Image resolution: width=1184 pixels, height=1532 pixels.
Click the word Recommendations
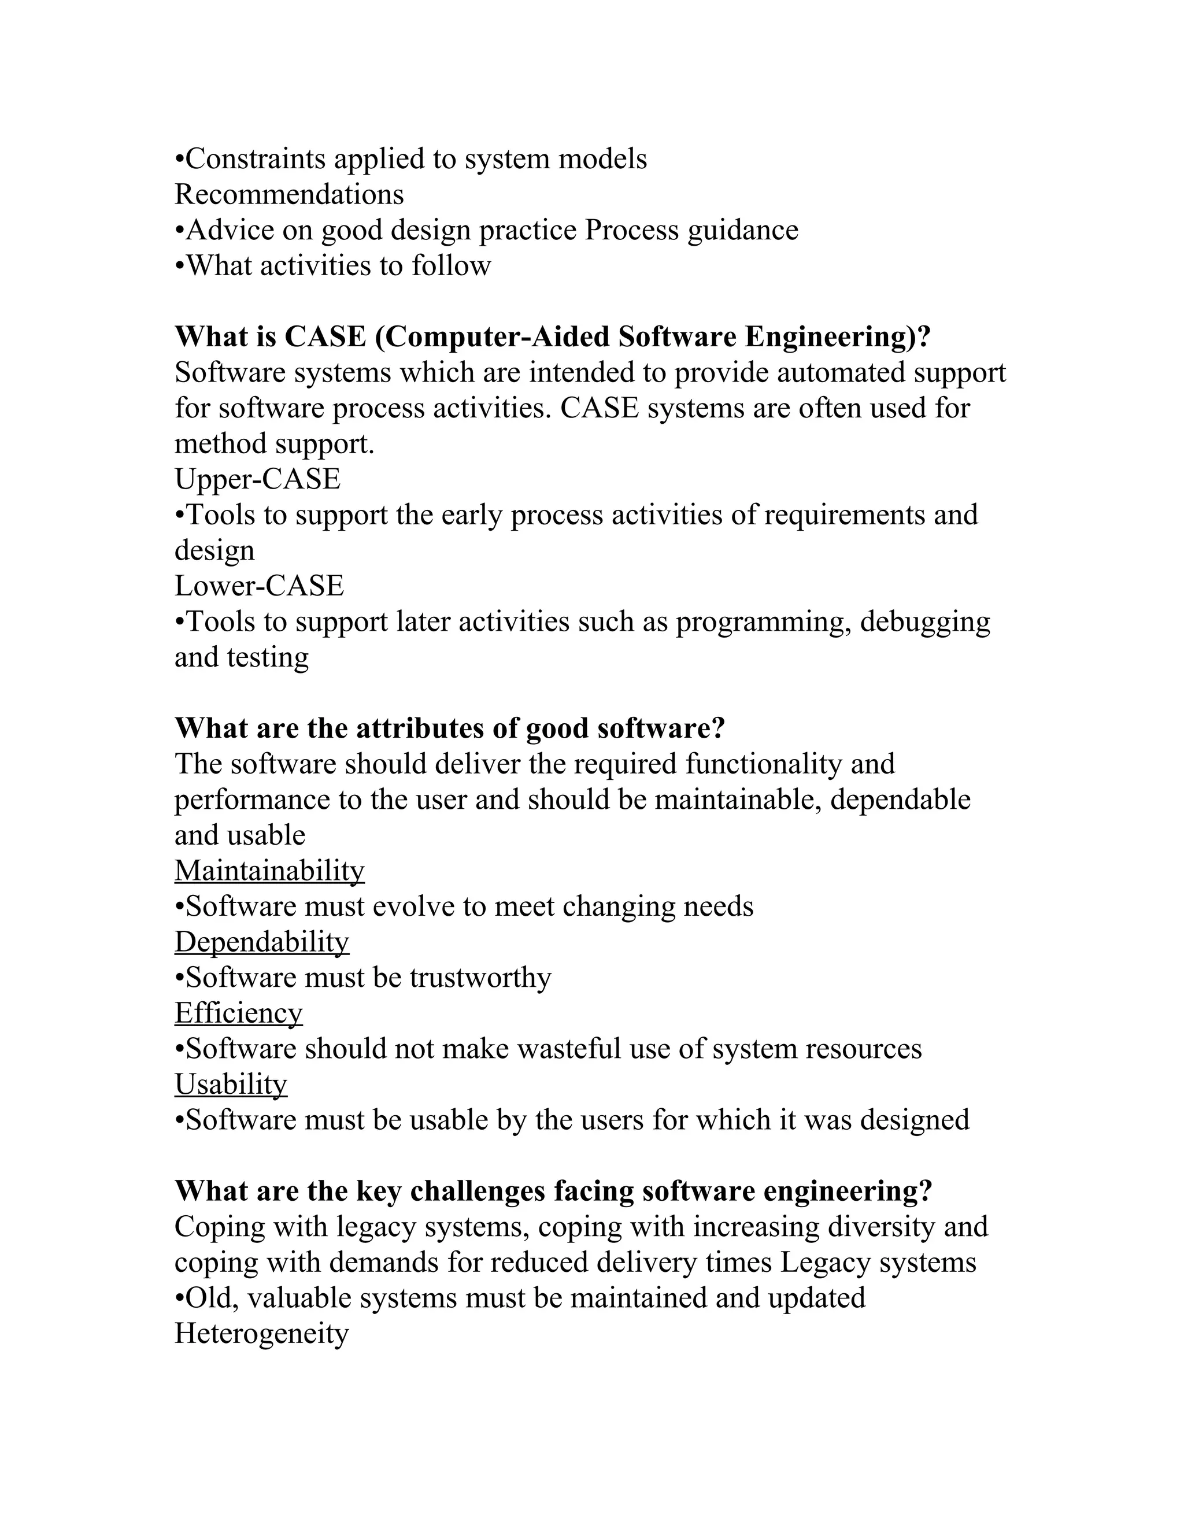[x=289, y=194]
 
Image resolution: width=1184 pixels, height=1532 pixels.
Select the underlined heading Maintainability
[x=269, y=871]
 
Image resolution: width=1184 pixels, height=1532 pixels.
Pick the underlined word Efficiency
[x=239, y=1013]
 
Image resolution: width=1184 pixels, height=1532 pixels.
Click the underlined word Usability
[x=231, y=1084]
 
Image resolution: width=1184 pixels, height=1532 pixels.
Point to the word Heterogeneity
[x=261, y=1334]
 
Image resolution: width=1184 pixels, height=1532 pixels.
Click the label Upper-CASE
[x=257, y=479]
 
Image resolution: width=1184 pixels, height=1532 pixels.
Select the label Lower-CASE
[x=259, y=586]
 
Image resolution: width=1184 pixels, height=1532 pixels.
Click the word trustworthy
[x=480, y=978]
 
